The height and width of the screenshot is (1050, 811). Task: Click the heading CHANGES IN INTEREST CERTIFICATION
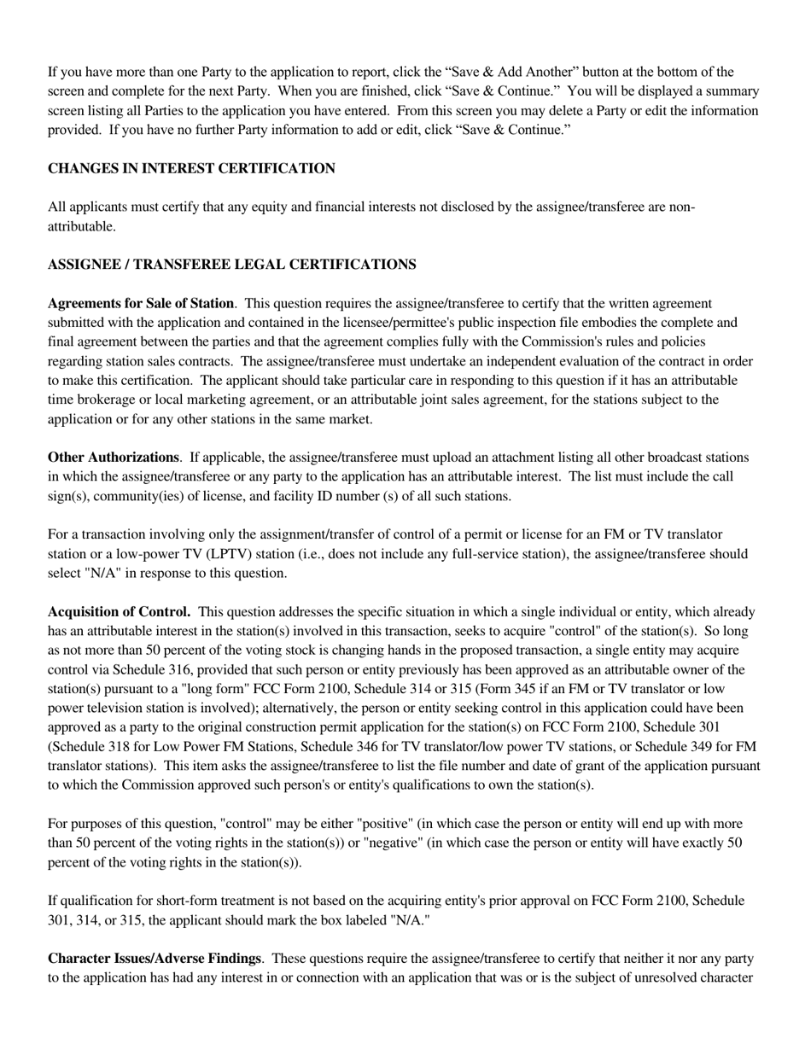pyautogui.click(x=191, y=168)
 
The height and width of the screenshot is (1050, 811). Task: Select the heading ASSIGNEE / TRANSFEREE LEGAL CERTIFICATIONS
pyautogui.click(x=232, y=265)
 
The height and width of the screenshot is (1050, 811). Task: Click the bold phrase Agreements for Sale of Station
pyautogui.click(x=141, y=303)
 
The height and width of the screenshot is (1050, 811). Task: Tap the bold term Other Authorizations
pyautogui.click(x=114, y=458)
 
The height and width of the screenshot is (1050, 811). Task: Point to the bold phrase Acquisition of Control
pyautogui.click(x=119, y=612)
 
